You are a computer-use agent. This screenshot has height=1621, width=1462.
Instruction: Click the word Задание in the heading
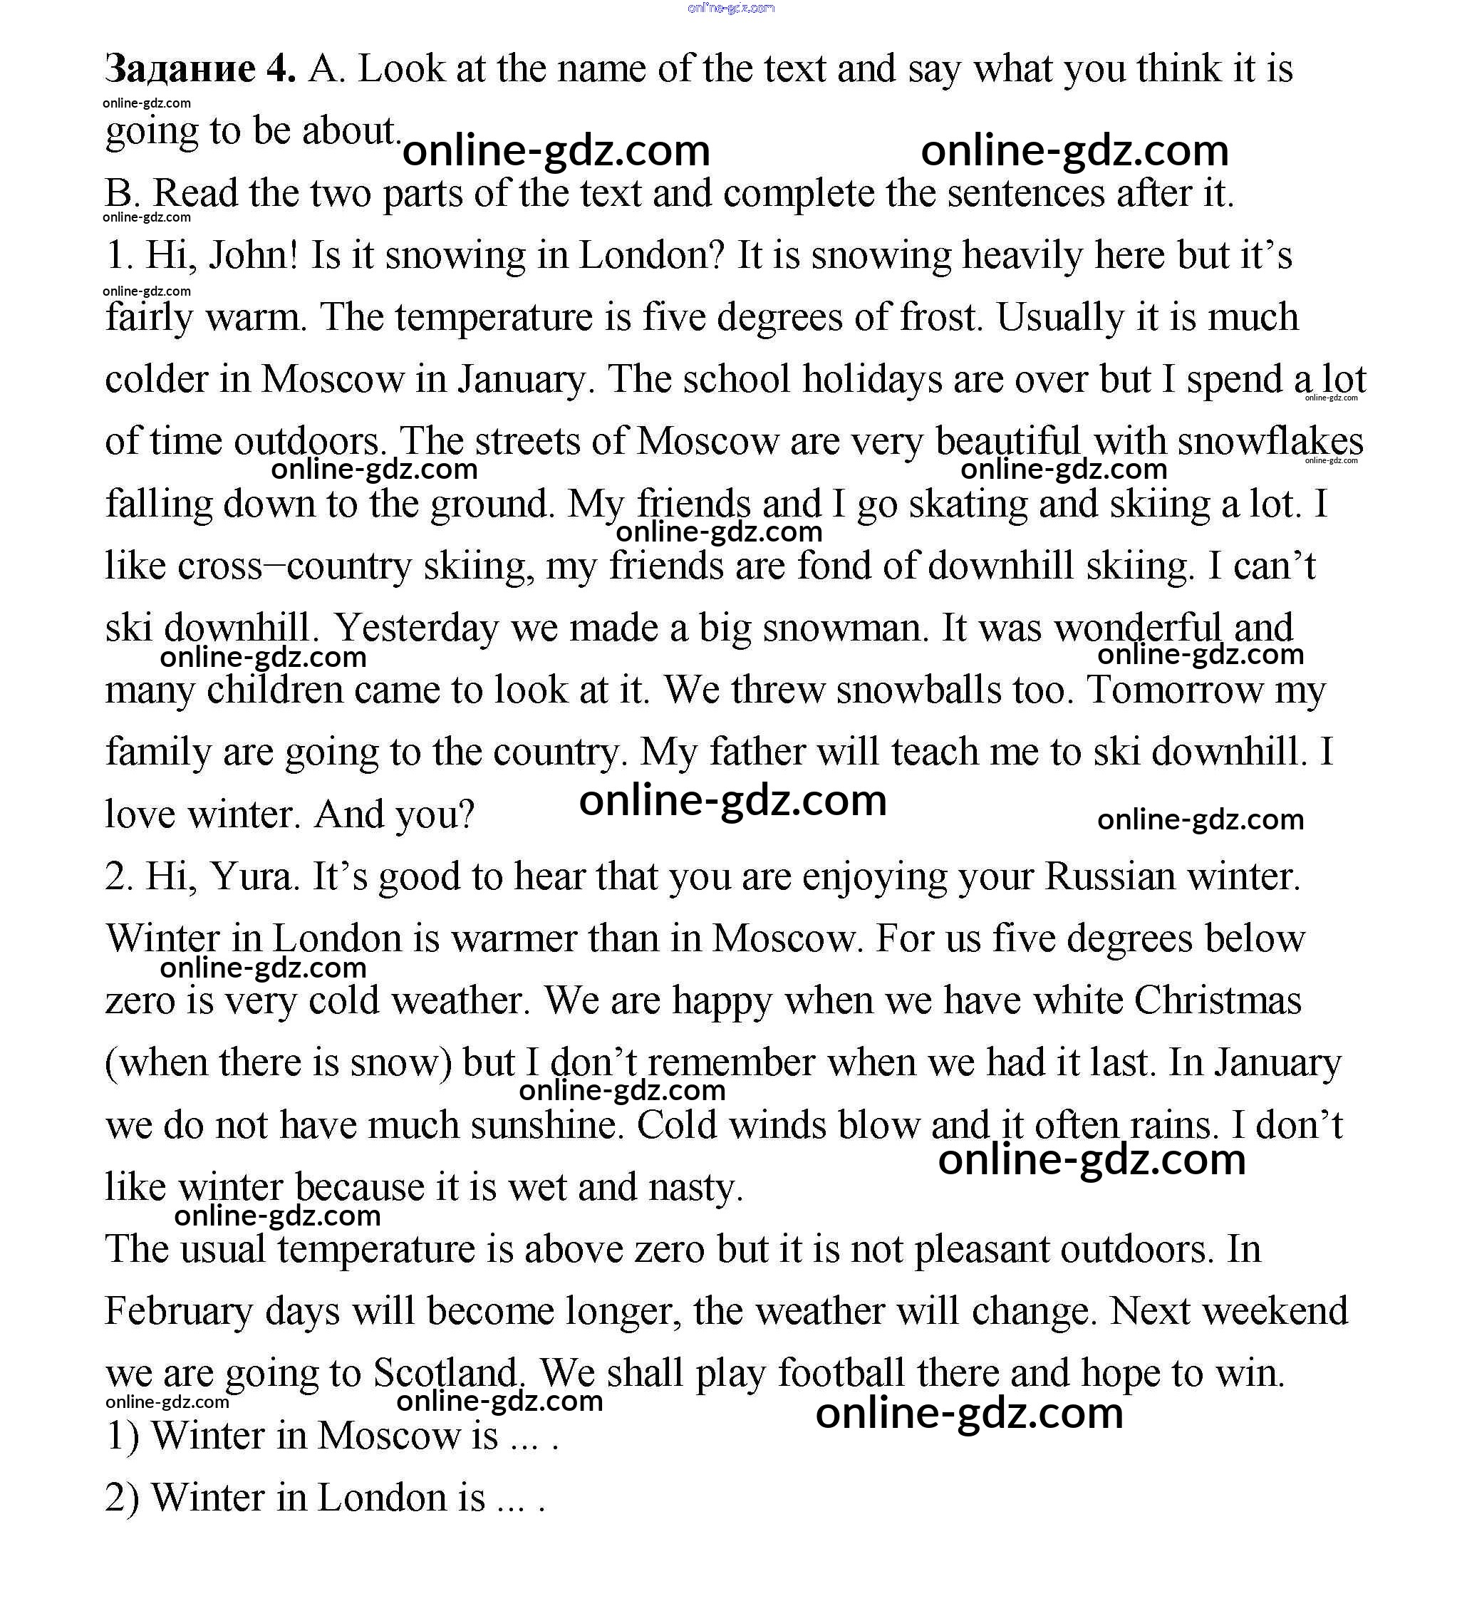coord(180,70)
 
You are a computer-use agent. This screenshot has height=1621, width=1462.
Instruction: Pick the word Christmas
coord(1217,1001)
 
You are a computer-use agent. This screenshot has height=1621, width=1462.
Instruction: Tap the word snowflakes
coord(1270,442)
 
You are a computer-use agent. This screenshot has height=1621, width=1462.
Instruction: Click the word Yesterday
coord(416,628)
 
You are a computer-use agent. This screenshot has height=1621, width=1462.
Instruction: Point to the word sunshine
coord(547,1125)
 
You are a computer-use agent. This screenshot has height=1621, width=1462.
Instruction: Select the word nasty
coord(695,1187)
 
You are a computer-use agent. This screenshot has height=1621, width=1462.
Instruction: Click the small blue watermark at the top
coord(731,8)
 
